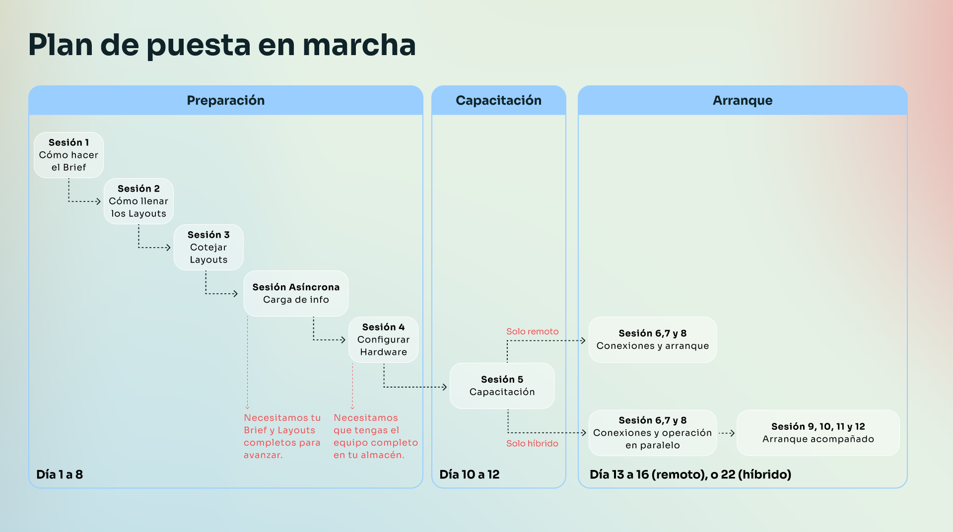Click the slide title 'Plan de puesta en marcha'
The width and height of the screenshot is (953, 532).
point(222,45)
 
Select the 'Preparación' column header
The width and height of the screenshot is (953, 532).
point(226,100)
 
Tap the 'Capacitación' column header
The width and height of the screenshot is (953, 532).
point(499,100)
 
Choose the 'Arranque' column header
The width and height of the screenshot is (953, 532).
point(743,100)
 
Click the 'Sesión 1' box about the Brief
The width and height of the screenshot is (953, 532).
point(68,155)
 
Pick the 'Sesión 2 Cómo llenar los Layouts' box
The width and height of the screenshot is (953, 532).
point(138,201)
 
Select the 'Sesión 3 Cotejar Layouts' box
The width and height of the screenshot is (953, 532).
point(208,247)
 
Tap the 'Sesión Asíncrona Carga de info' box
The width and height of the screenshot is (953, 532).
point(296,293)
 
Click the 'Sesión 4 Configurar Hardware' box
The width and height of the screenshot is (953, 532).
point(383,339)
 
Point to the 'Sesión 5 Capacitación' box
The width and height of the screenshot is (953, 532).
point(502,386)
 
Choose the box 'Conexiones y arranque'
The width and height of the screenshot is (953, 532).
point(652,339)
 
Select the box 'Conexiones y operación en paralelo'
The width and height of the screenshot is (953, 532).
point(652,433)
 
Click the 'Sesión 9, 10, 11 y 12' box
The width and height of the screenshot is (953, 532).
point(818,433)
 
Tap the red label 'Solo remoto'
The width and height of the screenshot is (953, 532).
point(532,332)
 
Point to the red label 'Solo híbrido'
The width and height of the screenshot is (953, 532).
point(532,444)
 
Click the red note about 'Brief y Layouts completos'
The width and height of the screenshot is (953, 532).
point(282,436)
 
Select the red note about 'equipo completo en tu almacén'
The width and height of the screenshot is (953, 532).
point(376,436)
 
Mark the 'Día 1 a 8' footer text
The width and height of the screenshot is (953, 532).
point(60,474)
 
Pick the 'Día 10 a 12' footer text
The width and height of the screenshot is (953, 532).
point(470,474)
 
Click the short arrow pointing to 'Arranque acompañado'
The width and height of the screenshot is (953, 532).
point(727,433)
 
